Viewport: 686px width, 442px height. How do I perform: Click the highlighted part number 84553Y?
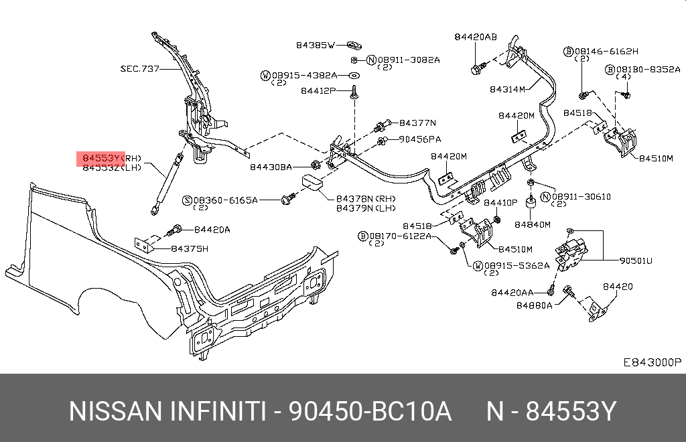(x=101, y=158)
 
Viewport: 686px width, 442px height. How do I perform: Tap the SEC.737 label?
(x=139, y=68)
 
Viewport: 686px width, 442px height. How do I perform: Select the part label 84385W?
(x=315, y=45)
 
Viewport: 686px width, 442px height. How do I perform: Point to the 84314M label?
(x=507, y=89)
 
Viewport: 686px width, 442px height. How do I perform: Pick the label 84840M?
(x=533, y=225)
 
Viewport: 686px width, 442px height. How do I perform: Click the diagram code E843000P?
(x=653, y=362)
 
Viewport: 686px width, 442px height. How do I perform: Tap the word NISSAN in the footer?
(x=115, y=411)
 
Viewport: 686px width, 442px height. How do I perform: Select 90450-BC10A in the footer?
(x=370, y=411)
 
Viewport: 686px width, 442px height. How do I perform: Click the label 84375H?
(x=190, y=248)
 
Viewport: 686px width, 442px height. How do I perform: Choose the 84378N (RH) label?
(x=366, y=199)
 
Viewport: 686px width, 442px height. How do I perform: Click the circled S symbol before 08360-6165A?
(x=188, y=200)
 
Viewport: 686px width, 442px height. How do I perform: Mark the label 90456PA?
(x=420, y=139)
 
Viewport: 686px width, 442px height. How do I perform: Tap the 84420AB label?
(x=476, y=37)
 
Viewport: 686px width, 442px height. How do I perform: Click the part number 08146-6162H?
(x=606, y=52)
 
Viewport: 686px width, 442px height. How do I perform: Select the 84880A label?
(x=534, y=305)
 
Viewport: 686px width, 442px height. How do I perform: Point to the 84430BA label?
(x=271, y=167)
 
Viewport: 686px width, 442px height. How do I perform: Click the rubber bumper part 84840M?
(x=531, y=204)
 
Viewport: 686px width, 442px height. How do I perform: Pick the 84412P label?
(x=318, y=91)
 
